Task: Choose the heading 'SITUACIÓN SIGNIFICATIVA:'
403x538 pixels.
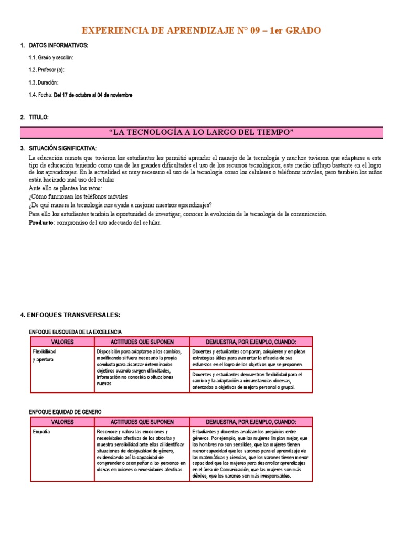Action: pos(62,148)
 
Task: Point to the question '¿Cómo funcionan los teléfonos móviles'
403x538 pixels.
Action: pos(79,196)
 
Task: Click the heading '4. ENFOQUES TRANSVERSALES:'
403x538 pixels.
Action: pos(70,315)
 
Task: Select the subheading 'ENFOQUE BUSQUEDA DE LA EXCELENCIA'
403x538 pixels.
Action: pos(75,332)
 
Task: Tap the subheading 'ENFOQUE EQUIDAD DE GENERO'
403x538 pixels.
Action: pos(65,412)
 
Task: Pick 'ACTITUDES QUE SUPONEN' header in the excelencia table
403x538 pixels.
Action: pos(142,342)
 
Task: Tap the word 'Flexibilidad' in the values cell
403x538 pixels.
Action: pos(45,351)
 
